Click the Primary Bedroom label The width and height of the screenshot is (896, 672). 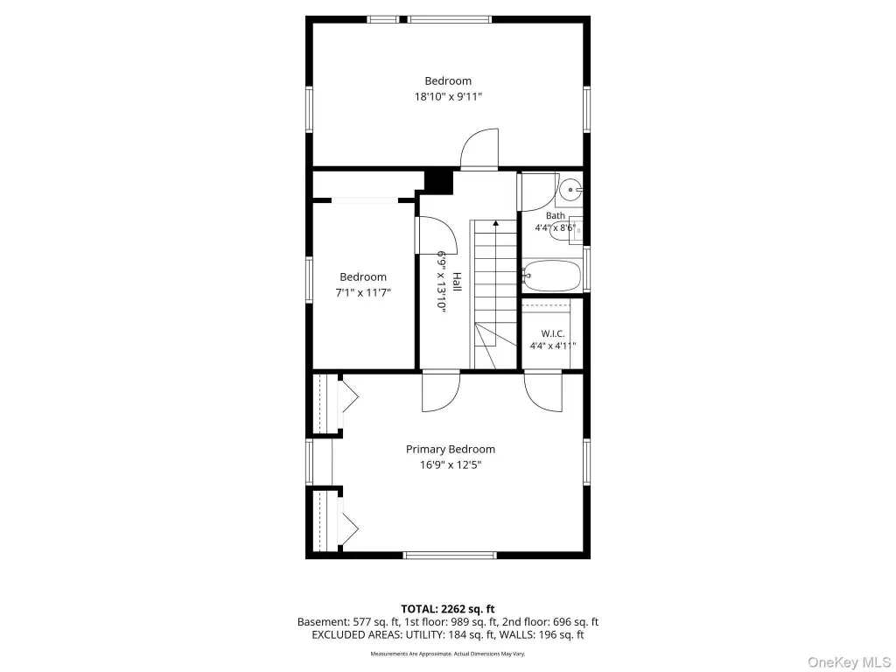click(x=451, y=449)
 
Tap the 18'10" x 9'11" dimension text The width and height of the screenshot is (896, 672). click(x=448, y=96)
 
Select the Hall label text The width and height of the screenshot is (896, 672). click(x=457, y=281)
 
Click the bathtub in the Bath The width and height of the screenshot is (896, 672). click(x=551, y=276)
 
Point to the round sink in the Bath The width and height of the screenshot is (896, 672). click(x=570, y=189)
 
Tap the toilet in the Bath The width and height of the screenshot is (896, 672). click(x=566, y=231)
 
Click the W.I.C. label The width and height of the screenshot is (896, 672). click(x=553, y=333)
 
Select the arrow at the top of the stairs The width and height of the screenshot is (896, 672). click(x=495, y=224)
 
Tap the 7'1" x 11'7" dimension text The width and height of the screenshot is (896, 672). click(x=363, y=292)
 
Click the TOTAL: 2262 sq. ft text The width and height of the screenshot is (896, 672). click(x=447, y=609)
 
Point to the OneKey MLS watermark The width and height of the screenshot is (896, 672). click(x=849, y=662)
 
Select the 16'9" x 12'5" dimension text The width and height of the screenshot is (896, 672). click(x=451, y=465)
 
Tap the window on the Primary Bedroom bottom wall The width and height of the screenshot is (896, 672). click(x=450, y=555)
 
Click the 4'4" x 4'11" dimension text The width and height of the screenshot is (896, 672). click(x=553, y=346)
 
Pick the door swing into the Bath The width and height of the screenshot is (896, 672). click(x=538, y=192)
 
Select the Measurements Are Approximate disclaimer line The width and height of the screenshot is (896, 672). click(x=447, y=654)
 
